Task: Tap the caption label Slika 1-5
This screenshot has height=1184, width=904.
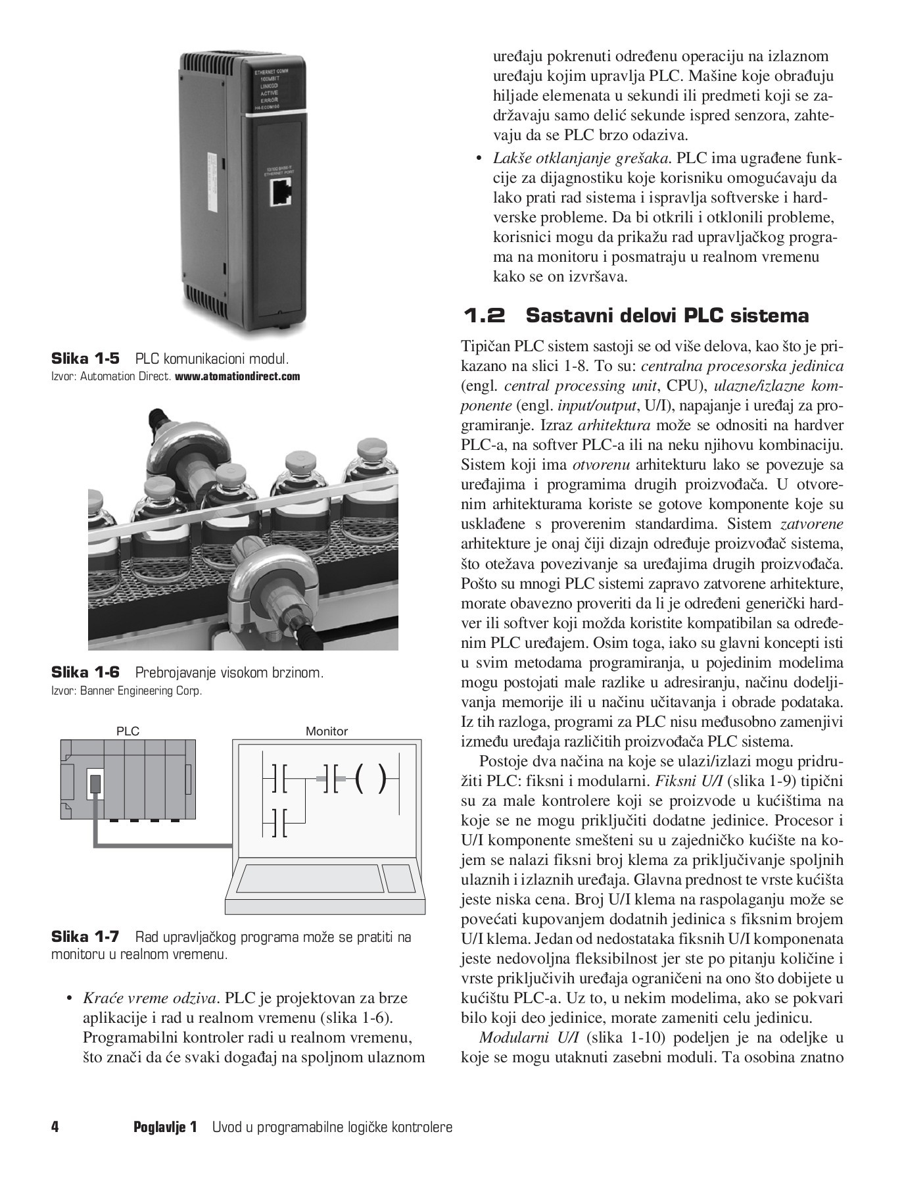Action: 85,359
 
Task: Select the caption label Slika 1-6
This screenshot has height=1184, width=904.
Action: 85,672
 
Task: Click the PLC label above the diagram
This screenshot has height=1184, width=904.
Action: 128,731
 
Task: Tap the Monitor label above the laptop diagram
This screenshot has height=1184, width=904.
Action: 326,731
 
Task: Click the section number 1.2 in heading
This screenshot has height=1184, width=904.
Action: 485,316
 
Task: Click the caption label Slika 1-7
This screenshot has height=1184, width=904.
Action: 85,937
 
